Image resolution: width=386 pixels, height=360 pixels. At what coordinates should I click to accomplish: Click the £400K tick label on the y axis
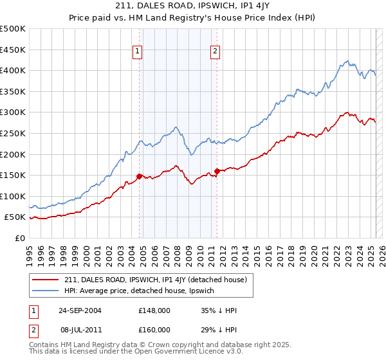[13, 70]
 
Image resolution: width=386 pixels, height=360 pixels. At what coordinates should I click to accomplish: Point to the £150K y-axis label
[13, 175]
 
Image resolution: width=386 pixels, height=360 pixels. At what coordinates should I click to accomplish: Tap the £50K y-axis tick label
[15, 217]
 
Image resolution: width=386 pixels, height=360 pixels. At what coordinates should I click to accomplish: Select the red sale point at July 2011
[217, 171]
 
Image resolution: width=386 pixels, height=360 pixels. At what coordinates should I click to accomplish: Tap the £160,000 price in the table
[154, 328]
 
